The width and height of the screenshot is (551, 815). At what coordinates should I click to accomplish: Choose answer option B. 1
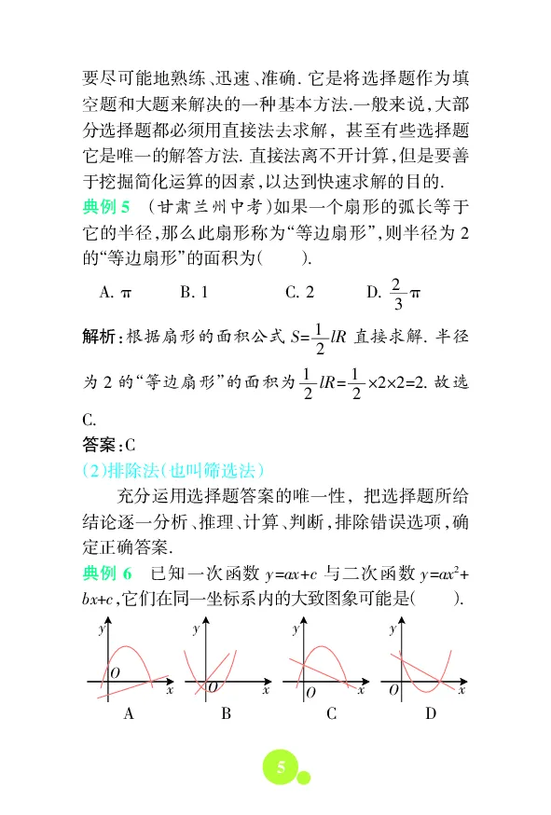coord(194,293)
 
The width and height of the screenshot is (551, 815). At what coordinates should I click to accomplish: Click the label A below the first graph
coord(129,714)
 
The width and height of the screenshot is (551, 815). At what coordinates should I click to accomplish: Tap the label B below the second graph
coord(226,714)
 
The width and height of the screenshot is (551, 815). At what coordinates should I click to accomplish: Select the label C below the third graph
coord(331,714)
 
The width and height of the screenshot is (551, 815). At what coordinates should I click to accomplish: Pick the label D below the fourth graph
coord(431,714)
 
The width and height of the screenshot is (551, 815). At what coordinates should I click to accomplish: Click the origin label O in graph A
coord(116,672)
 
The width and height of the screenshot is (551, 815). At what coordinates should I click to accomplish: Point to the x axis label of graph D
coord(461,691)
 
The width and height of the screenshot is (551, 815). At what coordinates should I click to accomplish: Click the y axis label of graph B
coord(196,629)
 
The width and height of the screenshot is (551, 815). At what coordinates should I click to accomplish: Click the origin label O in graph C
coord(311,693)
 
